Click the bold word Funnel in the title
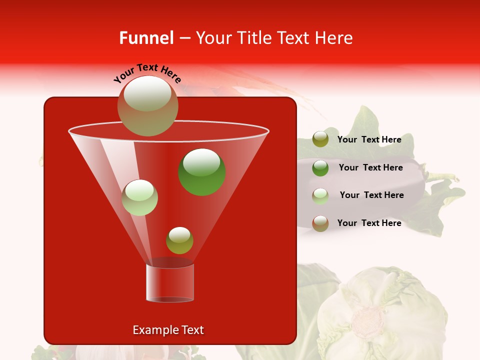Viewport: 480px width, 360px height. click(146, 38)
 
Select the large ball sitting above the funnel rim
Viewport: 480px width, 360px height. click(148, 105)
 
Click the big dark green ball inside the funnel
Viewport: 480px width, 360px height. click(202, 172)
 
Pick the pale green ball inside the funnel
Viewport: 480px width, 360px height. click(139, 197)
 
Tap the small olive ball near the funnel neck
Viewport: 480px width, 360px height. click(179, 240)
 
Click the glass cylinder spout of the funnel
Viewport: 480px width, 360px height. click(170, 283)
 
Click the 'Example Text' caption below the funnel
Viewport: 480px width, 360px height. click(168, 330)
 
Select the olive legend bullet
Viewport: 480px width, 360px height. click(320, 139)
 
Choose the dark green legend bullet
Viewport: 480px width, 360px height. click(320, 167)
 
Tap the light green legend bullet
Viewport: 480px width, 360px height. click(320, 195)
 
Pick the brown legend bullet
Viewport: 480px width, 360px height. click(320, 223)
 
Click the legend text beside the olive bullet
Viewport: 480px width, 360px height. click(369, 139)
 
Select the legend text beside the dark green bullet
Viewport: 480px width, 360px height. click(370, 167)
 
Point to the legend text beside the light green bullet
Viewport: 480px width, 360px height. click(371, 195)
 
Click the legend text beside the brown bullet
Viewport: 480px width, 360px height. click(369, 223)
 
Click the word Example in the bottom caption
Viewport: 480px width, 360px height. click(152, 330)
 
